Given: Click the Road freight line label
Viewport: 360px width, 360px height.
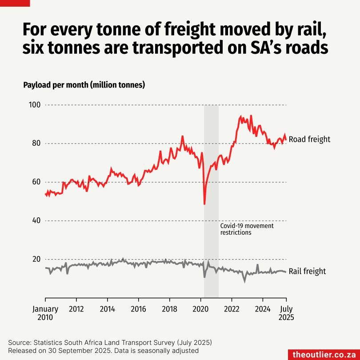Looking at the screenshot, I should coord(309,139).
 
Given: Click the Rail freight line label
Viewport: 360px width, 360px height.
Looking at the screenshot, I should coord(307,271).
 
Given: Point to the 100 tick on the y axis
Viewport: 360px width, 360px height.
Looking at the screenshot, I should coord(35,105).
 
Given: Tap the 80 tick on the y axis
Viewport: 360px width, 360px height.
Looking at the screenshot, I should coord(35,144).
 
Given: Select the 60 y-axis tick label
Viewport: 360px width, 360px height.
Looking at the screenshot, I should coord(35,182).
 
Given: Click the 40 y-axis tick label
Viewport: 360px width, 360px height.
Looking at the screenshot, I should coord(35,221).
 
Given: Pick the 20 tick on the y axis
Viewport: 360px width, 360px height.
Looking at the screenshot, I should coord(35,260).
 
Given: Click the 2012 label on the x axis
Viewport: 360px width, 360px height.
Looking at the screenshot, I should coord(76,309).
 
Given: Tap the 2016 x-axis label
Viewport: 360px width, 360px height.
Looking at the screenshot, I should coord(138,309).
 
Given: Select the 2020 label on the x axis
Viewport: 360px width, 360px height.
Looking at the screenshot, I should coord(200,309).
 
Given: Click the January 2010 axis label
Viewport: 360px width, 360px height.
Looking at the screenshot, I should coord(45,313).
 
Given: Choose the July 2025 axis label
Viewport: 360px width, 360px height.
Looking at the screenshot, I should coord(286,313).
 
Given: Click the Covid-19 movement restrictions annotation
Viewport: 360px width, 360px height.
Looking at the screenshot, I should coord(247,229).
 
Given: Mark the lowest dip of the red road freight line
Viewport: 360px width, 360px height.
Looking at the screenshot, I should coord(204,204).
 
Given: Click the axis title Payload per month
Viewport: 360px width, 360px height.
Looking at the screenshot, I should coord(84,85).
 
